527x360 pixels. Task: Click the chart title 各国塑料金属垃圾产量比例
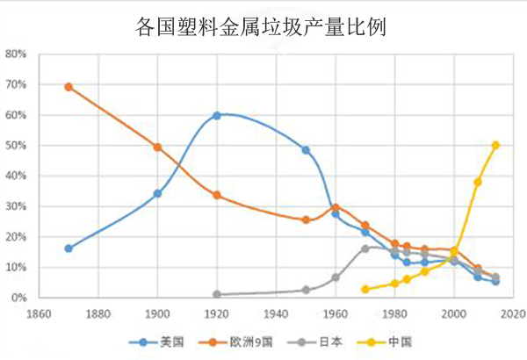point(263,27)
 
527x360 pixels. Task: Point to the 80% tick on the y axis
point(17,54)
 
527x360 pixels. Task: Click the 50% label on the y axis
point(17,146)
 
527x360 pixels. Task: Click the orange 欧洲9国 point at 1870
point(69,87)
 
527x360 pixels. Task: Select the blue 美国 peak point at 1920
point(217,115)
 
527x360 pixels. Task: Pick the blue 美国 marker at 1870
point(69,248)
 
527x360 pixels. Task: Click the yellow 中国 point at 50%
point(496,145)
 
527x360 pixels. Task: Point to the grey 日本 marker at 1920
point(217,294)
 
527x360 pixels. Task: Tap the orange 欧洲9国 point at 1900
point(157,148)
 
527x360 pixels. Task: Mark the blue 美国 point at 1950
point(306,150)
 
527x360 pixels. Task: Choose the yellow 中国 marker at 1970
point(365,289)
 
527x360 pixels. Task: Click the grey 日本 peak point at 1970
point(365,248)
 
